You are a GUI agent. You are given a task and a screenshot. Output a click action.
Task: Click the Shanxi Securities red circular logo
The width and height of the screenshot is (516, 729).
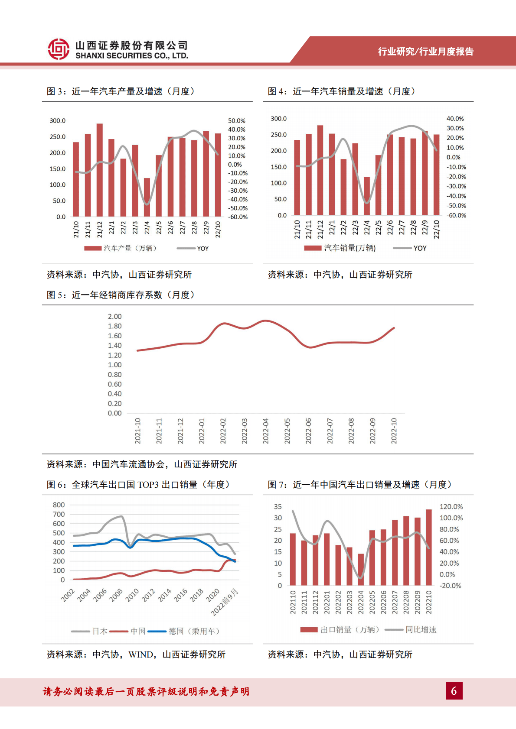tap(59, 49)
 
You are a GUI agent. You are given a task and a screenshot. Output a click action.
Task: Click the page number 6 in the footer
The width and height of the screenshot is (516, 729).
tap(454, 690)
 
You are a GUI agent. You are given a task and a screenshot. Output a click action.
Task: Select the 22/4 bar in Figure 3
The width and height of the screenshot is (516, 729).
tap(147, 198)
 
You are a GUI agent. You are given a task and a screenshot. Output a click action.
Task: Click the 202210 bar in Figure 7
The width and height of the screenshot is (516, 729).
tap(429, 548)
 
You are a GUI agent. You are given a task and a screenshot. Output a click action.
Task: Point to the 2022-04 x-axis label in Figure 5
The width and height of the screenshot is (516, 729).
tap(266, 431)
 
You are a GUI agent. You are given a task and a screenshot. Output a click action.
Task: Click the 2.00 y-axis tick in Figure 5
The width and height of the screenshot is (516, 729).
tap(114, 317)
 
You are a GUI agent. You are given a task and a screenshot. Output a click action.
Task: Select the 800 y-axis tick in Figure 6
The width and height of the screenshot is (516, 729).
tap(59, 505)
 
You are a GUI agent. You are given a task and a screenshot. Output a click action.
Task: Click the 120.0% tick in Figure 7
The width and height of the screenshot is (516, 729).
tap(451, 507)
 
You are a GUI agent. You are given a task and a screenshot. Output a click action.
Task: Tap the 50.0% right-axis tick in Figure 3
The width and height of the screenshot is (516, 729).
tap(237, 121)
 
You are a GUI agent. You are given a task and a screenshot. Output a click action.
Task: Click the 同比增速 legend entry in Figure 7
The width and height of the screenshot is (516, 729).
tap(421, 630)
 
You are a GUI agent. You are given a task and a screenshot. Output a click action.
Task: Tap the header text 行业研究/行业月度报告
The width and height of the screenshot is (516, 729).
tap(425, 52)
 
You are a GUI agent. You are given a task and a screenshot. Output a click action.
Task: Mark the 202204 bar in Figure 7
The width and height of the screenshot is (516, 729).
tap(361, 569)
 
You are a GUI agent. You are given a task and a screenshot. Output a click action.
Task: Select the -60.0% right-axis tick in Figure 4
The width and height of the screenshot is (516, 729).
tap(457, 215)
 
